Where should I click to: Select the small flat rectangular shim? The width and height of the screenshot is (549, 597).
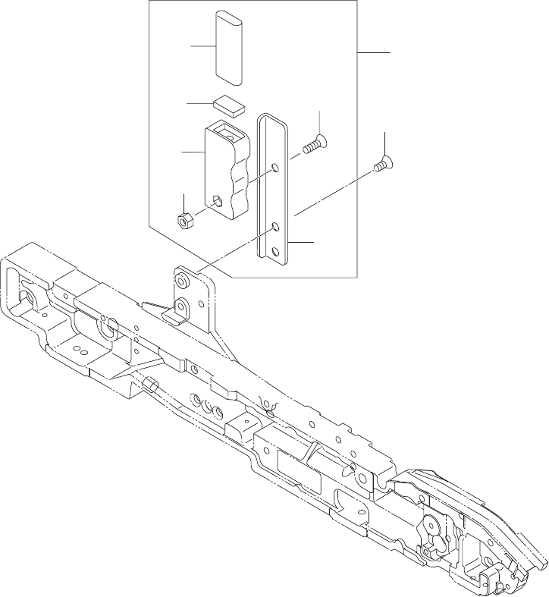click(228, 103)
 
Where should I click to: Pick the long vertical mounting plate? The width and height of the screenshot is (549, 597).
click(274, 190)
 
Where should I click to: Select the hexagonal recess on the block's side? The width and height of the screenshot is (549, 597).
click(217, 202)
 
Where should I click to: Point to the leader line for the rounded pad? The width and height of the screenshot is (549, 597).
click(202, 46)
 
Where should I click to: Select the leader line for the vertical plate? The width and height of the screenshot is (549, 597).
click(300, 242)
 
